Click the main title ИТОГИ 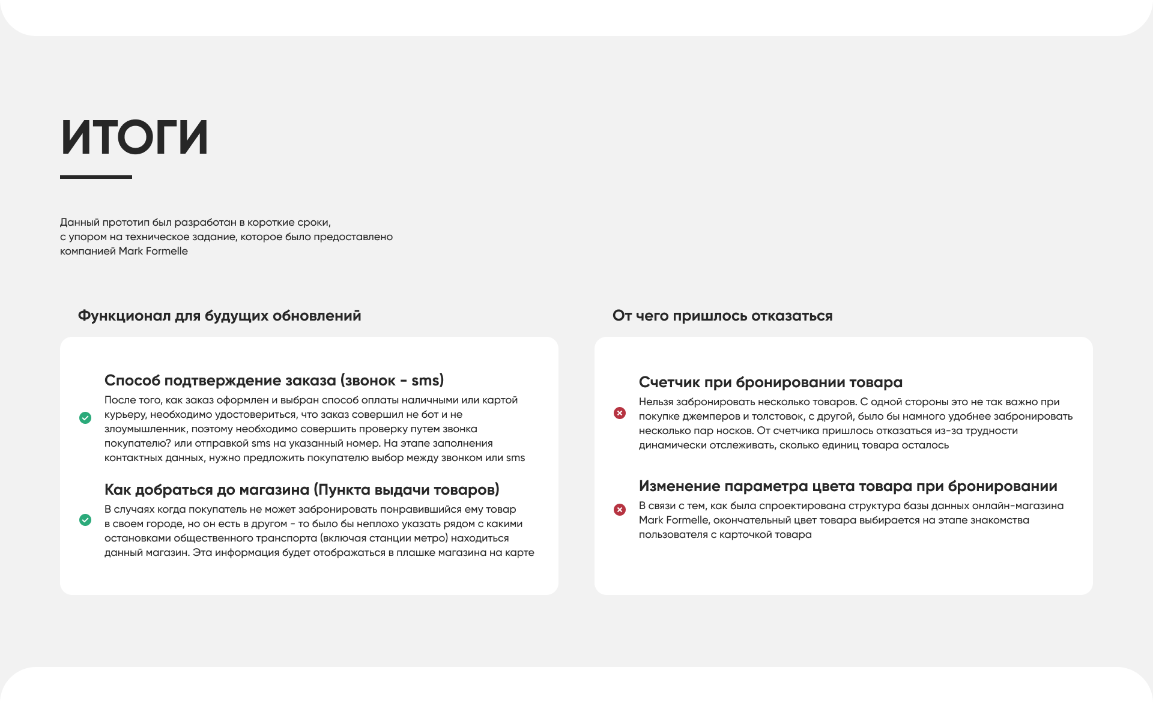click(135, 137)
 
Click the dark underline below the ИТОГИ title click(96, 177)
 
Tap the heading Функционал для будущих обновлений click(219, 316)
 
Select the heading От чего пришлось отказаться click(722, 316)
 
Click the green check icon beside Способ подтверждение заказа click(85, 418)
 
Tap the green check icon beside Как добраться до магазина click(85, 520)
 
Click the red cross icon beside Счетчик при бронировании click(620, 413)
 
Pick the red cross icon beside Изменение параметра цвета click(620, 510)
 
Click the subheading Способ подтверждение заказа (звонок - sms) click(274, 381)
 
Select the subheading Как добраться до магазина click(301, 490)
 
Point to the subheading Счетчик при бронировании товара click(770, 382)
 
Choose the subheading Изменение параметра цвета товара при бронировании click(848, 486)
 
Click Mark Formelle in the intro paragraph click(153, 251)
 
